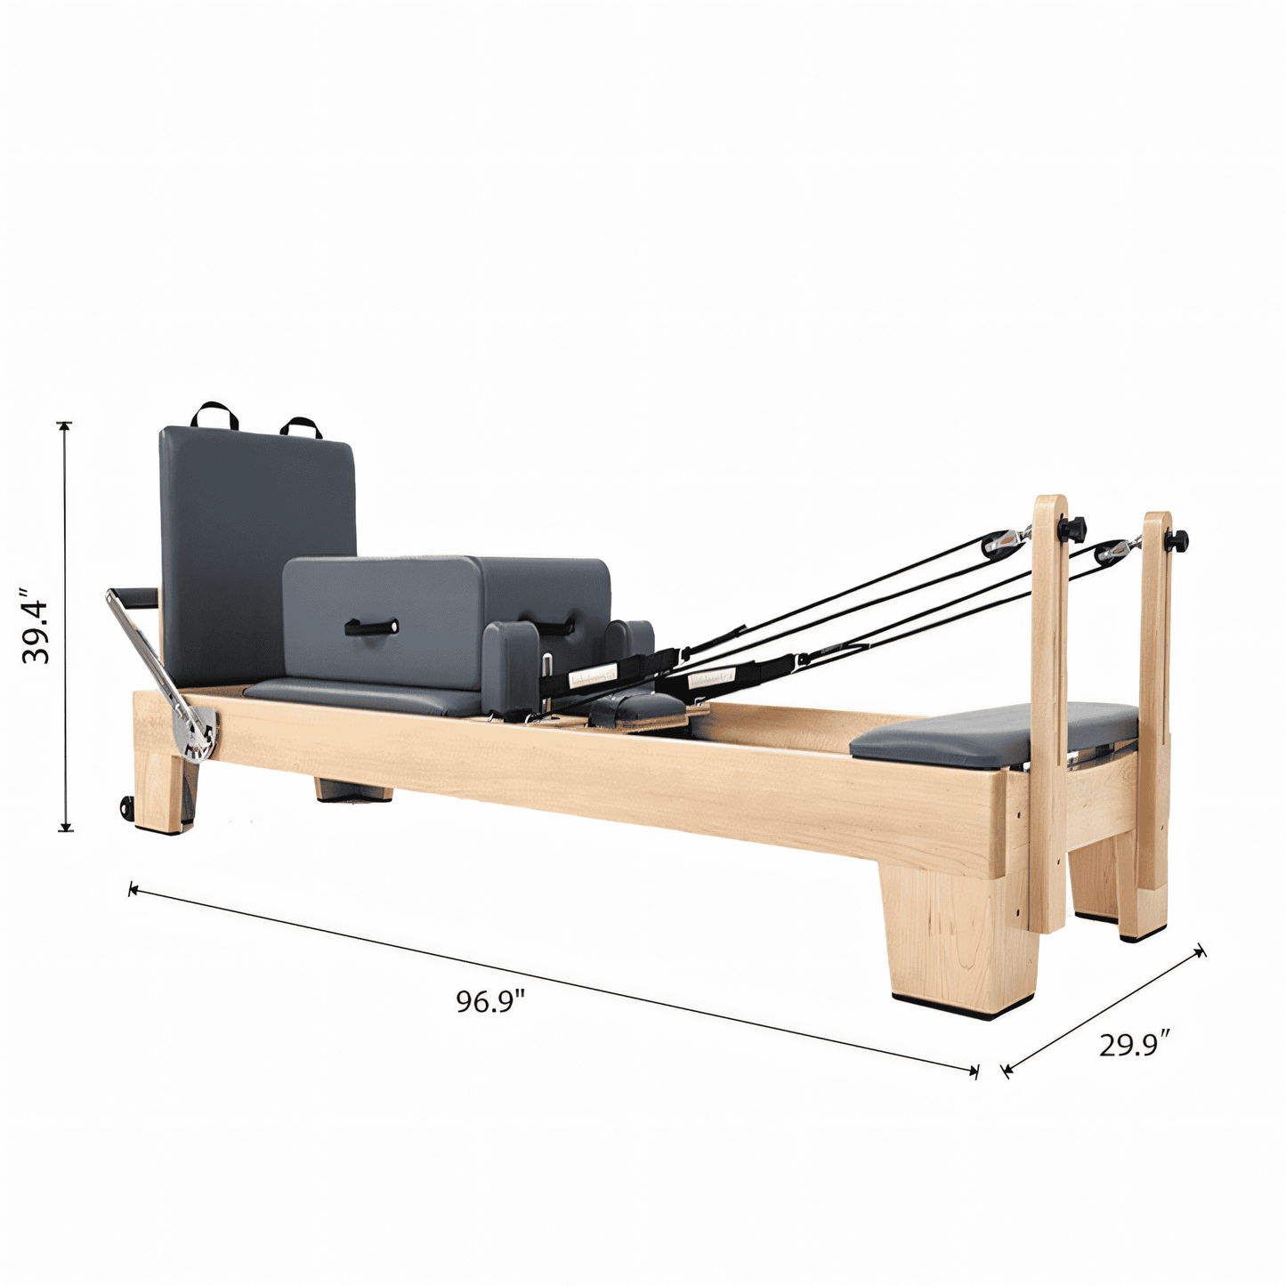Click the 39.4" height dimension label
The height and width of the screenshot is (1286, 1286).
click(x=36, y=626)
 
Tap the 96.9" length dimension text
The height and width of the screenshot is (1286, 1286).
click(x=490, y=1001)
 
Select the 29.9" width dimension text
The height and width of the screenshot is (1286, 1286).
click(x=1134, y=1045)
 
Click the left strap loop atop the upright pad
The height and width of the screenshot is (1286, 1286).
click(x=214, y=415)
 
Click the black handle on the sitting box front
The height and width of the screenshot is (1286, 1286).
click(x=371, y=628)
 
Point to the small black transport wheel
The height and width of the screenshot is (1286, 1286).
click(x=126, y=807)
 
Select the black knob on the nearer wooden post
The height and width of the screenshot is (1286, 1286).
click(x=1072, y=529)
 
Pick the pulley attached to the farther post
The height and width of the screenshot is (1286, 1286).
click(x=1112, y=552)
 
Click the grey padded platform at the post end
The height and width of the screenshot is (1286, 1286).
click(x=992, y=733)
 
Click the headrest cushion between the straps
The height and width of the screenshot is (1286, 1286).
click(x=635, y=708)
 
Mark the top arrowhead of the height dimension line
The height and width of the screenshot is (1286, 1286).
click(x=65, y=426)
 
